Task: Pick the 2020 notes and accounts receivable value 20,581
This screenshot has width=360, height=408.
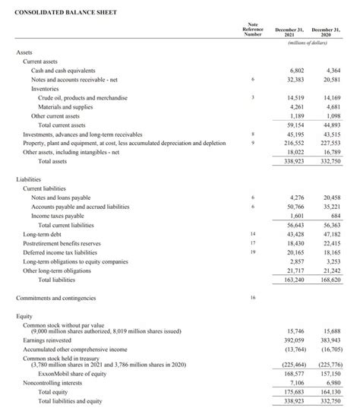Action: pyautogui.click(x=332, y=78)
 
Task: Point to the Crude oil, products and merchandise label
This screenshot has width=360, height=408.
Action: pyautogui.click(x=83, y=98)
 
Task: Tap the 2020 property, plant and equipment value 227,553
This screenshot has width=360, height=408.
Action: pyautogui.click(x=330, y=142)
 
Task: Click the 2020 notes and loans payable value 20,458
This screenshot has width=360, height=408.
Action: pyautogui.click(x=332, y=198)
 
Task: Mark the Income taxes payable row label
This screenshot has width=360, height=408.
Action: pyautogui.click(x=58, y=216)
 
